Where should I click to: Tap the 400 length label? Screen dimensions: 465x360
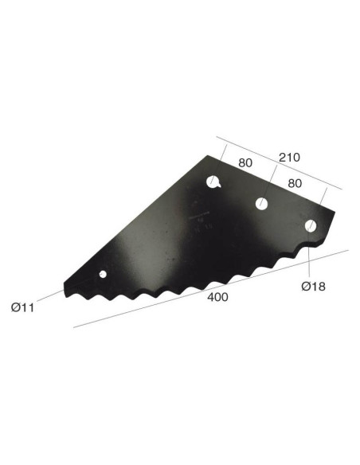point(217,297)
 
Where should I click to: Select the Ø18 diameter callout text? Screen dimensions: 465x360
point(312,285)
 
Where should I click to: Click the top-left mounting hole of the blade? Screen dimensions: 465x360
point(213,182)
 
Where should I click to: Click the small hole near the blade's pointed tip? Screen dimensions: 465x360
point(102,275)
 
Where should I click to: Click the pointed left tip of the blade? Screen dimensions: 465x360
point(63,285)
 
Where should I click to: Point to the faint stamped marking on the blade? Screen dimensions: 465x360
point(198,215)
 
